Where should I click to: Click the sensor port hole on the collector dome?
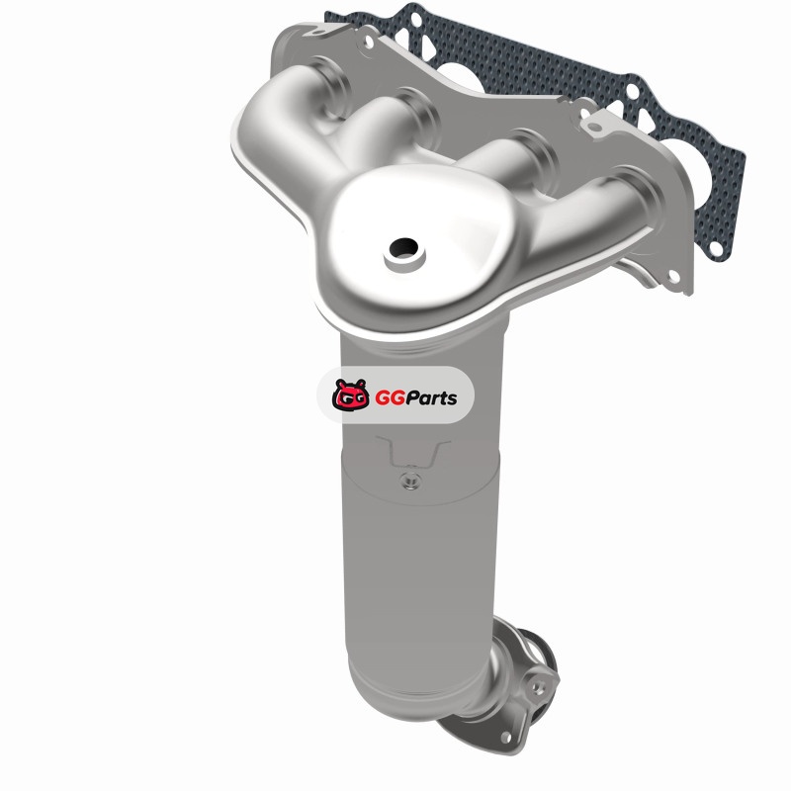point(403,247)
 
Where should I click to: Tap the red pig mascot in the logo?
point(351,395)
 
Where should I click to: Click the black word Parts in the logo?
point(431,398)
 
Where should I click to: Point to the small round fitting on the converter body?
point(411,481)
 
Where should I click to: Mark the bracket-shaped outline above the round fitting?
point(412,453)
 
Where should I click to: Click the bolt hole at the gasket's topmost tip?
point(415,19)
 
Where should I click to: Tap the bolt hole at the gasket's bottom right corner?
point(715,246)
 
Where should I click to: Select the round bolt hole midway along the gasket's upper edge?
point(632,92)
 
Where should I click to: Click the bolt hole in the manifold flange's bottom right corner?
point(673,276)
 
